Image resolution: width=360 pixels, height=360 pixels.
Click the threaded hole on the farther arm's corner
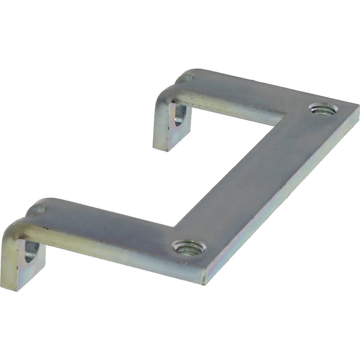pyautogui.click(x=322, y=108)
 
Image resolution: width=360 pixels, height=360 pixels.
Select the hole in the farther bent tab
pyautogui.click(x=179, y=116)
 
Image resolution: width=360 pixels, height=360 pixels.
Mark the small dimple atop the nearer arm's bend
pyautogui.click(x=38, y=209)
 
